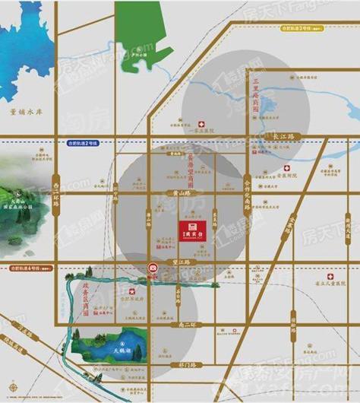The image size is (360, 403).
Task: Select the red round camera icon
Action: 153,268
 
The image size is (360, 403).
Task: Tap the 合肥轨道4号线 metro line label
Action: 29,268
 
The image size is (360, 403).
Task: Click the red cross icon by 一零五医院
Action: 201,123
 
